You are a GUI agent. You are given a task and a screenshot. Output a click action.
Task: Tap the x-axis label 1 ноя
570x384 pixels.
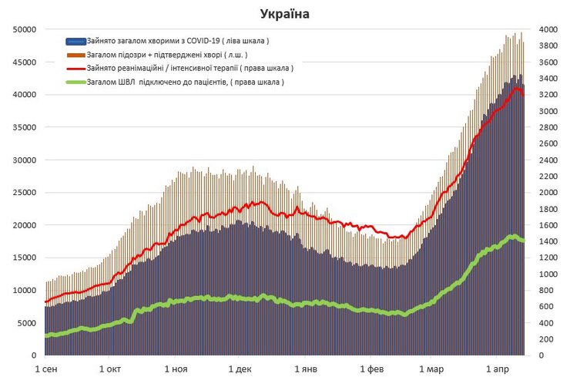(176, 369)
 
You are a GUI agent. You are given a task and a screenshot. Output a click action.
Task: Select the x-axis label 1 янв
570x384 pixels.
(306, 369)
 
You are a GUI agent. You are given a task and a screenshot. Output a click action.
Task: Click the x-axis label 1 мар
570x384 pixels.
(431, 369)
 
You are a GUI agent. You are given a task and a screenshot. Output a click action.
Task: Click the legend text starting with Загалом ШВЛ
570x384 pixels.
(185, 82)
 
